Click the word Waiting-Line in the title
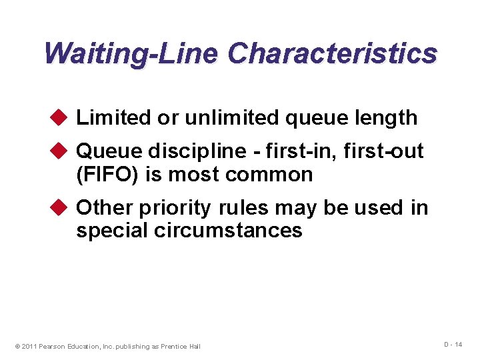(131, 53)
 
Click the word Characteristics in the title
(332, 53)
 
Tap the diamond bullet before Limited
(61, 117)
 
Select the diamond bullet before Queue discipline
(61, 151)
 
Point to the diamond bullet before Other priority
(61, 207)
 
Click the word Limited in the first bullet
(114, 118)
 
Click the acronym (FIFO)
(106, 175)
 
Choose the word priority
(173, 209)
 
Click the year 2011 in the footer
(29, 346)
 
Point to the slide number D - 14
(453, 344)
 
